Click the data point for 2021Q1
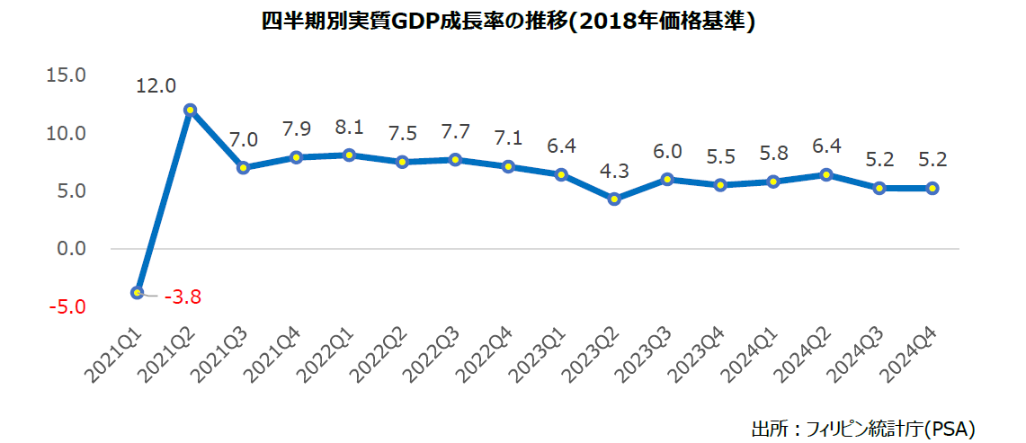coord(137,292)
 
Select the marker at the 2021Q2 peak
coord(190,110)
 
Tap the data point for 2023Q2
coord(614,199)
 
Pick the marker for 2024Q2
coord(826,174)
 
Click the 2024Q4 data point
coord(932,188)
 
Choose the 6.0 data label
coord(667,151)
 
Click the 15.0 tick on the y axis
coord(66,75)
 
